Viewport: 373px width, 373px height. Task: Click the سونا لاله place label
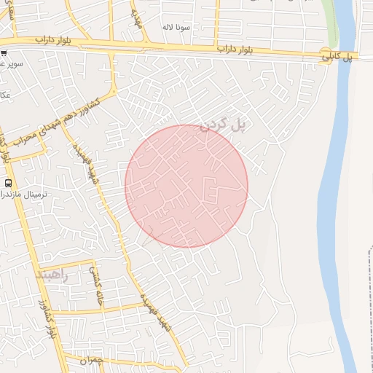176,27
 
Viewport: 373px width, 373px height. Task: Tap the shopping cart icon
4,54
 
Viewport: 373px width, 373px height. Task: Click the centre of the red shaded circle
186,186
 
